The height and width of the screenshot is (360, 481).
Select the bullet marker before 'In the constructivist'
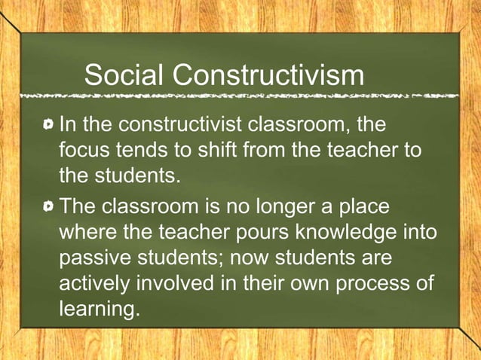pos(50,123)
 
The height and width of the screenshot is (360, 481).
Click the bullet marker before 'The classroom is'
pos(50,206)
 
